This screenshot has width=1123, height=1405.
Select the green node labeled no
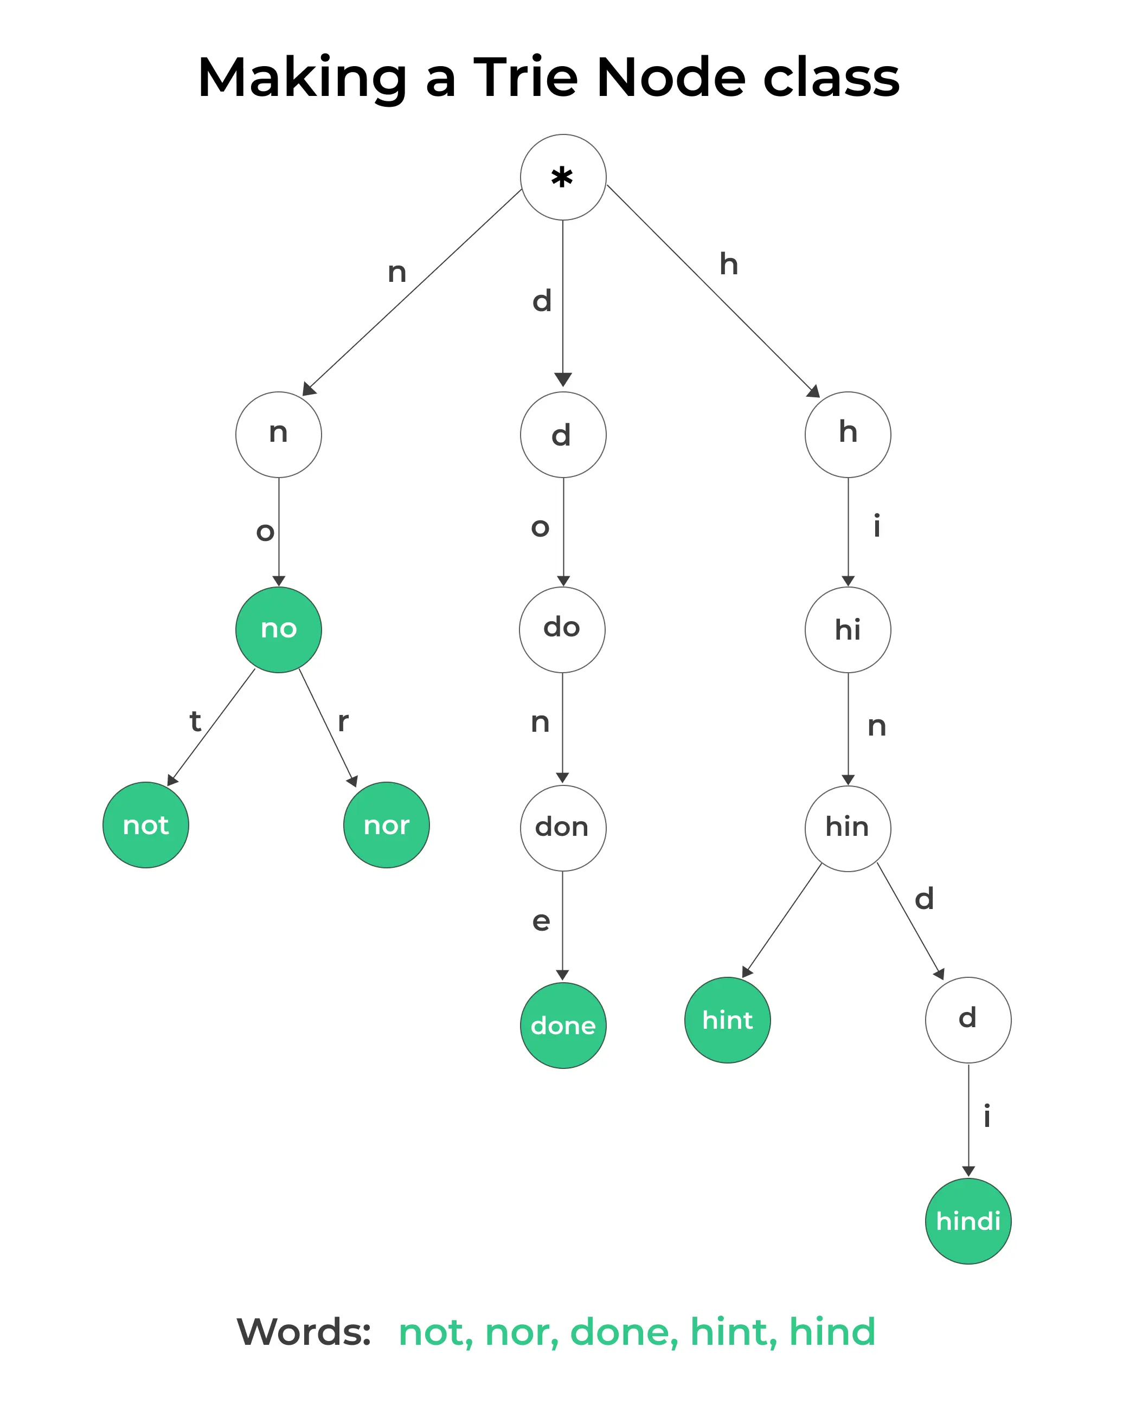tap(278, 629)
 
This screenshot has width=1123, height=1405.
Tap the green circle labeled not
tap(146, 825)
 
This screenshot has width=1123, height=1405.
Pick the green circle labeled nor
tap(387, 825)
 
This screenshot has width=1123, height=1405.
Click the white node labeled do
tap(562, 629)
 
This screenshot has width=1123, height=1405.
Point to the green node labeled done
tap(563, 1026)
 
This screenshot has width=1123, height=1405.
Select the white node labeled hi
tap(848, 629)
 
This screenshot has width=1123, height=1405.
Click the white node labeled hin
tap(848, 828)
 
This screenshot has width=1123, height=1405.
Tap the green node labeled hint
tap(727, 1020)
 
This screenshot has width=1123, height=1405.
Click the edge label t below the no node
tap(195, 721)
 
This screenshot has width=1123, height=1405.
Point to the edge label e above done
tap(541, 921)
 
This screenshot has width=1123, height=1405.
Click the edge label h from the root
tap(729, 265)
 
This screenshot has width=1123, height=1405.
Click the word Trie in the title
tap(525, 77)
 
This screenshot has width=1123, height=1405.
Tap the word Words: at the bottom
tap(304, 1332)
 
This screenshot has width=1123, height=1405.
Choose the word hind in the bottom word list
tap(832, 1332)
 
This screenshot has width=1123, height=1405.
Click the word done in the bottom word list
tap(624, 1332)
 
